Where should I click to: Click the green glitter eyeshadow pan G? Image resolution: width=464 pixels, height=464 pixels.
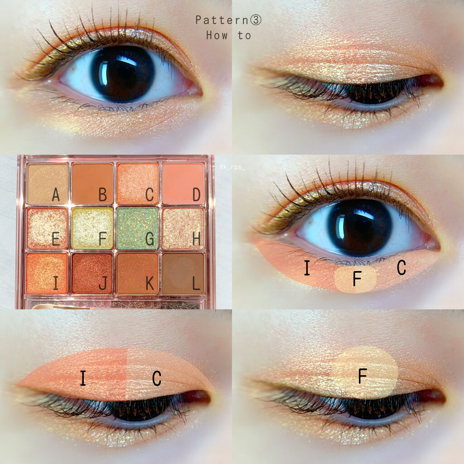138,228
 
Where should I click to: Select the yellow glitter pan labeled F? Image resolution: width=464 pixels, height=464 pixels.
92,228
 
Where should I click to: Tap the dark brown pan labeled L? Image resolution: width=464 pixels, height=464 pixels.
183,274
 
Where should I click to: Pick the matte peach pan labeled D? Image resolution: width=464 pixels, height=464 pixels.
183,184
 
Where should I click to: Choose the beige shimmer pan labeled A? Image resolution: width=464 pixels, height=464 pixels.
48,184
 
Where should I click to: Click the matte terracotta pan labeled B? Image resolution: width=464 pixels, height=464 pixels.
92,184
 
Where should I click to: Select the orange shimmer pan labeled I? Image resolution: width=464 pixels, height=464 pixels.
47,274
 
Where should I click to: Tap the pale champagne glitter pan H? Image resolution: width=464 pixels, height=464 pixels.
183,228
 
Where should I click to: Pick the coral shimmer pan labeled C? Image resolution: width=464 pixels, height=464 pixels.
138,184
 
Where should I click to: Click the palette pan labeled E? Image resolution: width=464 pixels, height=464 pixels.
47,228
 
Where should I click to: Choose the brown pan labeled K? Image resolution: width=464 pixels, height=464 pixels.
138,274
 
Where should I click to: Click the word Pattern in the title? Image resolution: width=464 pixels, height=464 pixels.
222,20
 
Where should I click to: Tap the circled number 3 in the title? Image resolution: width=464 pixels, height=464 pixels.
256,20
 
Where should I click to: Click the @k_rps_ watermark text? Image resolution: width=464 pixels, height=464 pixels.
232,168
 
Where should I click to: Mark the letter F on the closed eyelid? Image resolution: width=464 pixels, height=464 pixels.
362,376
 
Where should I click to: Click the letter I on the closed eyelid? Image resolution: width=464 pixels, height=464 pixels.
83,378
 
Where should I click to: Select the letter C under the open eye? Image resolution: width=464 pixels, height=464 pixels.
401,267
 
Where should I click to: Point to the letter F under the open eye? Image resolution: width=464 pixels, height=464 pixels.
357,279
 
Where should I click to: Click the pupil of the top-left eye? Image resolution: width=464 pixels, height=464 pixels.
123,74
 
